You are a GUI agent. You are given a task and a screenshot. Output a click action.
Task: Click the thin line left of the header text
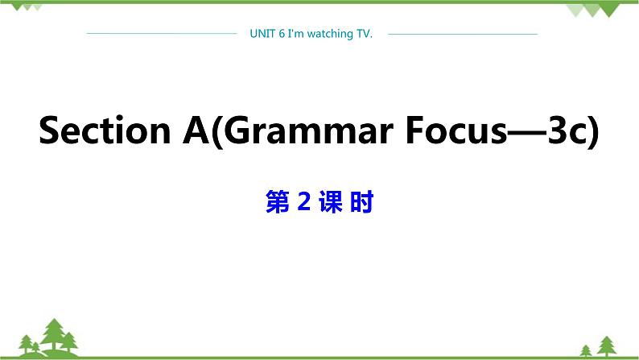(x=161, y=34)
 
